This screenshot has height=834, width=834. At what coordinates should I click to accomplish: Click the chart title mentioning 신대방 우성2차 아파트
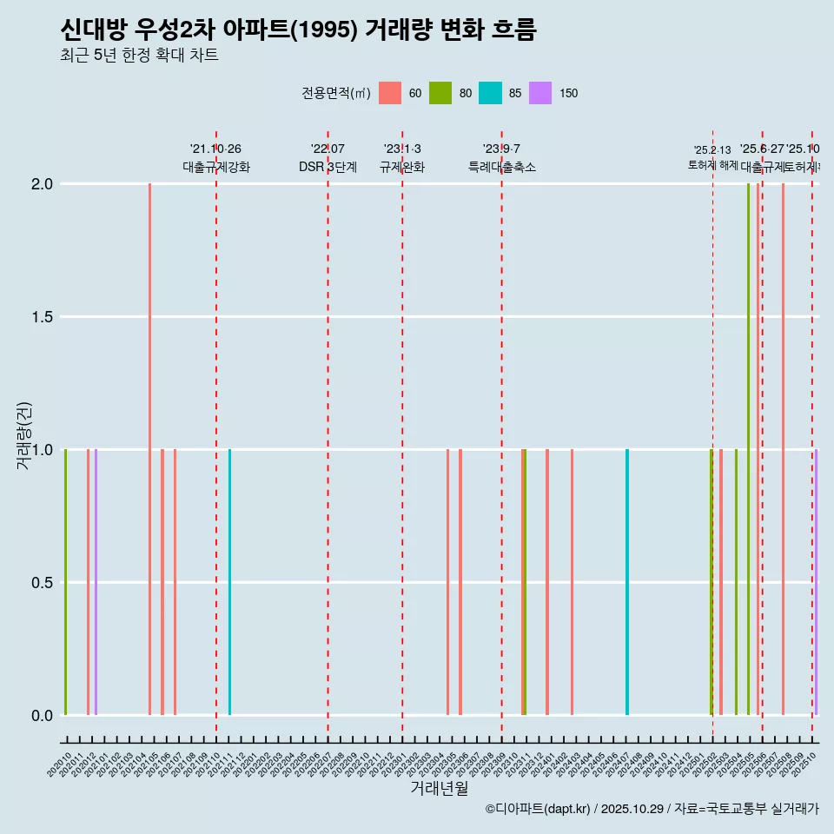point(298,30)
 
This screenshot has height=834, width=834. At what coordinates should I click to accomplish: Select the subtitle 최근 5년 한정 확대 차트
point(139,56)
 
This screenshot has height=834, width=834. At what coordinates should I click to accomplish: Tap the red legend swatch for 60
point(390,93)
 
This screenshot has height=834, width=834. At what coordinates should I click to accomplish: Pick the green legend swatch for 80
point(440,93)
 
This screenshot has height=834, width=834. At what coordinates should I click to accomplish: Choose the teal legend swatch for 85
point(491,93)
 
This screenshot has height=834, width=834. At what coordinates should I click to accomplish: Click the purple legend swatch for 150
point(540,93)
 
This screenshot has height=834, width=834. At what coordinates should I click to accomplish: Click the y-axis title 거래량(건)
point(23,434)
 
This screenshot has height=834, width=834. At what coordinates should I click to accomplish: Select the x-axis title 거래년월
point(439,788)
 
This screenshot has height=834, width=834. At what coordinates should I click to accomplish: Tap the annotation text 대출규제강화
point(216,167)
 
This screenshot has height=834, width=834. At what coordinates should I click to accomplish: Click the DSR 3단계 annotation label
point(328,167)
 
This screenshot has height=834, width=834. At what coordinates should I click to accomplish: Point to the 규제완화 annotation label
point(402,167)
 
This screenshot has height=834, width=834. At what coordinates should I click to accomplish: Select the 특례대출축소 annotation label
point(502,167)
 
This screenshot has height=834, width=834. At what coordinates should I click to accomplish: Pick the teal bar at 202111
point(229,582)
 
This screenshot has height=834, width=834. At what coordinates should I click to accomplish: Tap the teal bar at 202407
point(627,582)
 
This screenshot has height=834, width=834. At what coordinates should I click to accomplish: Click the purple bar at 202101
point(96,582)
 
